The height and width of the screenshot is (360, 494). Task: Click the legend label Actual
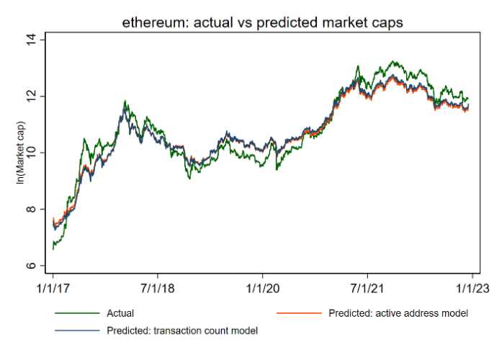[x=120, y=314]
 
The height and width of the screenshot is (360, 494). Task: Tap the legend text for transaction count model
[x=181, y=331]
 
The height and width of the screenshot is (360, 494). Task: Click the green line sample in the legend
[x=76, y=314]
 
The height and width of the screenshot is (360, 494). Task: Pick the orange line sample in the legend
[x=299, y=314]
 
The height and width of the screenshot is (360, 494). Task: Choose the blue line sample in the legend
[x=76, y=331]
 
